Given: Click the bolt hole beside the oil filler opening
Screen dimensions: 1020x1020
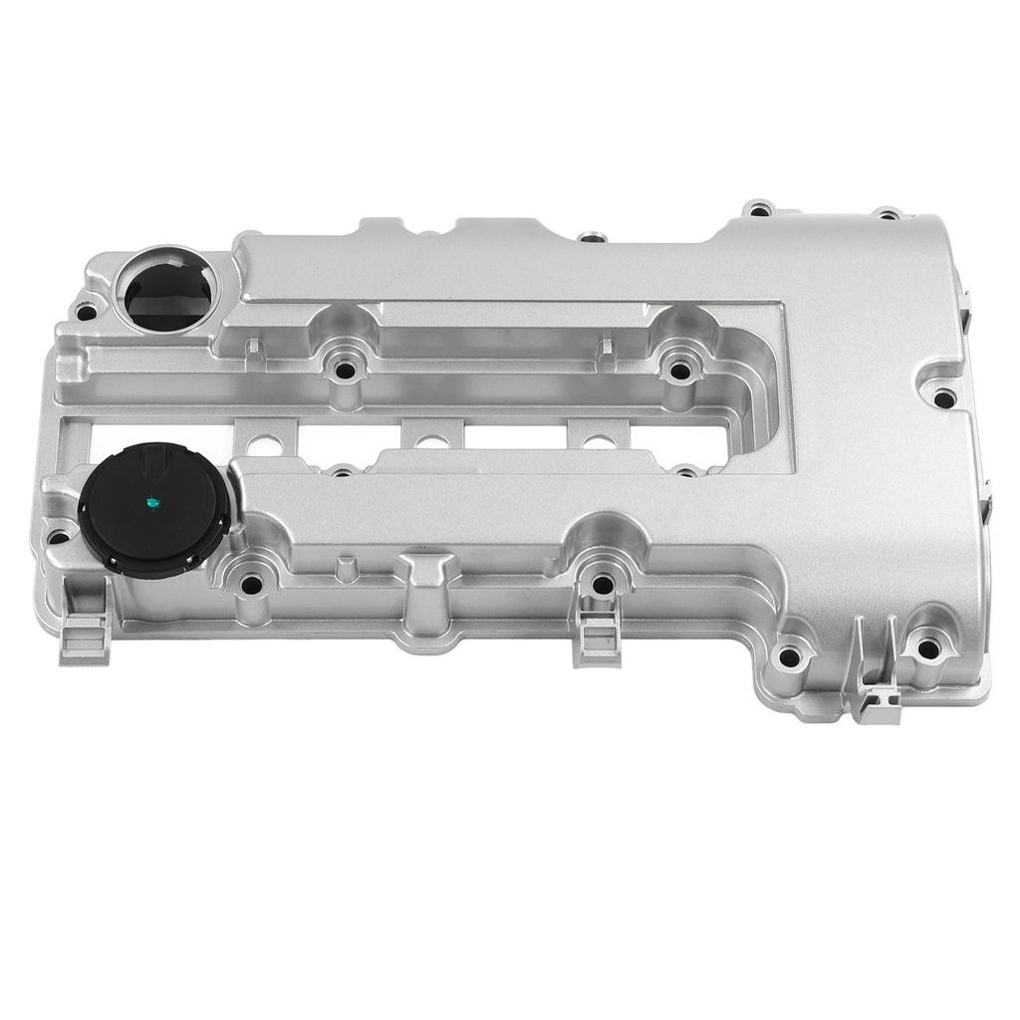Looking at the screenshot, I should coord(87,312).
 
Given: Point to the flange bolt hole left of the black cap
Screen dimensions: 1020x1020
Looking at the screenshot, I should coord(59,538).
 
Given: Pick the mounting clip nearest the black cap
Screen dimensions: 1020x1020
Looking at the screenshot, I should coord(86,637).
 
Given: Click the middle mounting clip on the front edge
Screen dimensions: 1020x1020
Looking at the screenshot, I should coord(599,635).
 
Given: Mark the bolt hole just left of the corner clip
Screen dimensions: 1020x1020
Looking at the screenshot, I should coord(789,656).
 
